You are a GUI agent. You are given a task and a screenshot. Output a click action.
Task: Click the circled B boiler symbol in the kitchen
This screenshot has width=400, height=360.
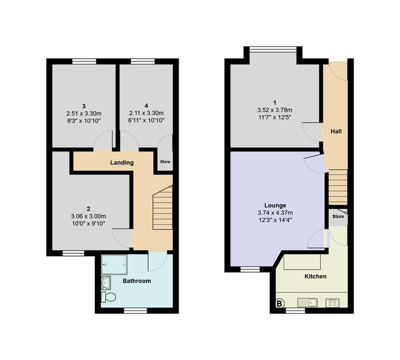[x=280, y=303]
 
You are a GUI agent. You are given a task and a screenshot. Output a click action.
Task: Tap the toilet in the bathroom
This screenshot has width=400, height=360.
[x=109, y=297]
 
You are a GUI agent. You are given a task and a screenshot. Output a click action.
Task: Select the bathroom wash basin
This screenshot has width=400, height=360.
[x=106, y=283]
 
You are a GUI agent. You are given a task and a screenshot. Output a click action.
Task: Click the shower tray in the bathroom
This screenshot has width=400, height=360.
[x=114, y=265]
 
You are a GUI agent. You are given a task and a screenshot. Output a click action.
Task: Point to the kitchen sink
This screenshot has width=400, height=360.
[x=308, y=302]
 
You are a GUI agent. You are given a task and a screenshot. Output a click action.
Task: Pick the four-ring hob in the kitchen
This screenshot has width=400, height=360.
[x=332, y=303]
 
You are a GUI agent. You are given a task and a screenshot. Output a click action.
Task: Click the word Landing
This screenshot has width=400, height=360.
[x=122, y=163]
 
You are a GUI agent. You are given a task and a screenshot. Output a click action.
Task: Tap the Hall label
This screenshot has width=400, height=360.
[x=336, y=131]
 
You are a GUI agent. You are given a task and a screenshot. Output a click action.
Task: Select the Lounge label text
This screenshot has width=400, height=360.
[x=275, y=205]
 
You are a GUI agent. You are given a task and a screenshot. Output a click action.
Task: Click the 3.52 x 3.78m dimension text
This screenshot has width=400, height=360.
[x=275, y=110]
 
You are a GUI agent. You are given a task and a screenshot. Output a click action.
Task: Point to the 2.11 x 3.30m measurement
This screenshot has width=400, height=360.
[x=147, y=113]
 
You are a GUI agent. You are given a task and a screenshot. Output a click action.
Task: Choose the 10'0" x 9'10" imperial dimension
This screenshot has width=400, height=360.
[x=89, y=224]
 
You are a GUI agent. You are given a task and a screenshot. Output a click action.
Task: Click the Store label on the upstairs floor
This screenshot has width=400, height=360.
[x=165, y=162]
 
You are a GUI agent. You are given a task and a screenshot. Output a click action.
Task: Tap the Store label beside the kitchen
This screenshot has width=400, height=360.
[x=338, y=217]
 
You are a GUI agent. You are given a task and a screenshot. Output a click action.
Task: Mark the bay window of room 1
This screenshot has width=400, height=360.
[x=273, y=49]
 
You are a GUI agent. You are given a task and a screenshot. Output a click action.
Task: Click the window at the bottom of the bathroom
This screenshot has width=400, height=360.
[x=135, y=310]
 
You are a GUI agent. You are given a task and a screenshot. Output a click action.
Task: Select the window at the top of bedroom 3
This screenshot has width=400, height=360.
[x=84, y=61]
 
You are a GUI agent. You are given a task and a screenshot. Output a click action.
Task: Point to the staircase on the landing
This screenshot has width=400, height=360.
[x=163, y=207]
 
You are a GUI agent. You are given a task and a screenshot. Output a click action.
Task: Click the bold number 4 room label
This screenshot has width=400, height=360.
[x=146, y=106]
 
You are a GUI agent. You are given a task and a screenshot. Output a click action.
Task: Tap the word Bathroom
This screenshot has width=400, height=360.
[x=137, y=281]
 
